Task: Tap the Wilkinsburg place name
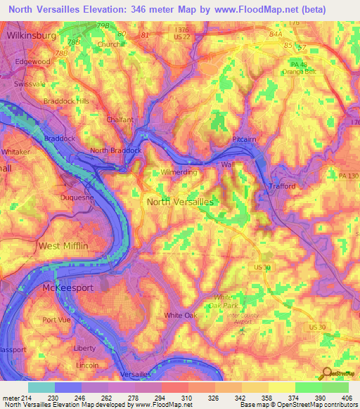point(29,34)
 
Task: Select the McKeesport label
point(66,289)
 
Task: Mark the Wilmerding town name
point(179,171)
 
